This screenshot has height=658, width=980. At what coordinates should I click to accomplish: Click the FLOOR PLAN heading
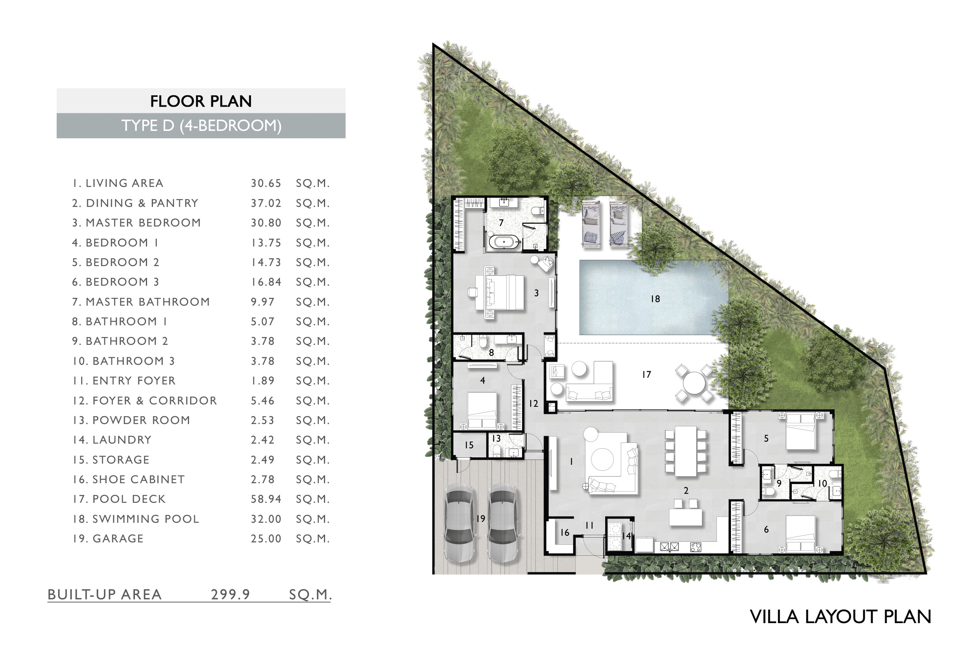point(201,101)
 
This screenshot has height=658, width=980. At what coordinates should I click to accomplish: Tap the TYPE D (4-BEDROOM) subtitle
point(201,125)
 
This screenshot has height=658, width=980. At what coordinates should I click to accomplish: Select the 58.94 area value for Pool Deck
point(266,499)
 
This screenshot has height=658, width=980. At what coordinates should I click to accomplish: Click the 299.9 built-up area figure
point(230,594)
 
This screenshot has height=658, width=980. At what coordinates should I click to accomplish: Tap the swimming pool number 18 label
point(655,299)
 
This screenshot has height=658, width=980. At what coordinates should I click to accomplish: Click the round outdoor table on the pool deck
point(694,383)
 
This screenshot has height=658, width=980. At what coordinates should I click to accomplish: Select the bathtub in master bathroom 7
point(504,242)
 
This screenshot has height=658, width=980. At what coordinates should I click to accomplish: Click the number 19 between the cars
point(481,518)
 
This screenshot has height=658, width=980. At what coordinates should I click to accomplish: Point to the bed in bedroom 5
point(800,431)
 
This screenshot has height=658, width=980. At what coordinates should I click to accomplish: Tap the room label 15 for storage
point(469,445)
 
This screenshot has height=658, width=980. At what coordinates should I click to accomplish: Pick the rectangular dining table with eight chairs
point(685,451)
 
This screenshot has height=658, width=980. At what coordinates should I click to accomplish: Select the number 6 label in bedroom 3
point(766,529)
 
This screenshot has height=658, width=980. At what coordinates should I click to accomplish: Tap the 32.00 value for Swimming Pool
point(266,518)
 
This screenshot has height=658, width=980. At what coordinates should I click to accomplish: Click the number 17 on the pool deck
point(647,374)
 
